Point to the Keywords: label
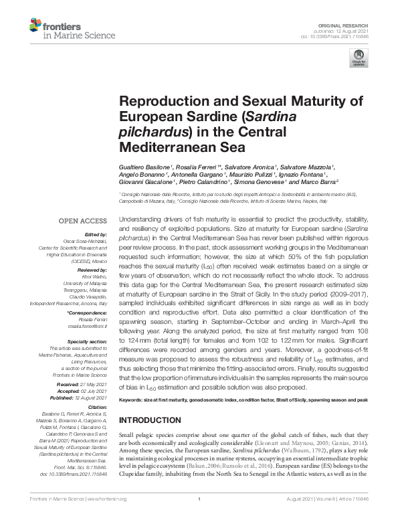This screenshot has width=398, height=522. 134,400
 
